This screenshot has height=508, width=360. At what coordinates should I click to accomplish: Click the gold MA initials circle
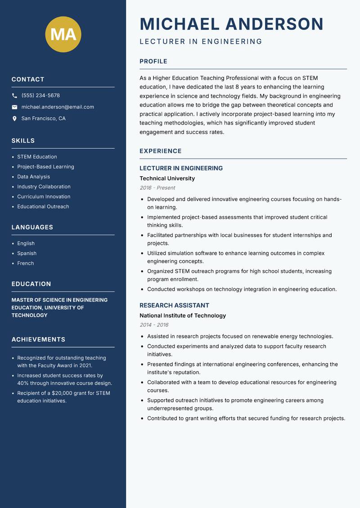click(63, 34)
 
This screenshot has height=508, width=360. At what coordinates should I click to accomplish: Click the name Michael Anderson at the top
click(231, 24)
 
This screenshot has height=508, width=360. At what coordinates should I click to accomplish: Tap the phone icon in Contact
click(14, 96)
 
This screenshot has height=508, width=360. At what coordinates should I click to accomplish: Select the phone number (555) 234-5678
click(40, 96)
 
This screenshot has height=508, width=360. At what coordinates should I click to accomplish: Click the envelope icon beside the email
click(14, 107)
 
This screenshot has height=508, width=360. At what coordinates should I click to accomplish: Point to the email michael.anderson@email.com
click(58, 107)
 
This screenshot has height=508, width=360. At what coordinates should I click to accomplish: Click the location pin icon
click(14, 119)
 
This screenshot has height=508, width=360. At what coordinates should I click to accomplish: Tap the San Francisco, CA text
click(43, 119)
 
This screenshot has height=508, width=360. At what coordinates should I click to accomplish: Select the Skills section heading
click(23, 141)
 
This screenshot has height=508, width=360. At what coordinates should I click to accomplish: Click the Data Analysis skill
click(33, 177)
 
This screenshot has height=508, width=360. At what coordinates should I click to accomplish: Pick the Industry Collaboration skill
click(44, 187)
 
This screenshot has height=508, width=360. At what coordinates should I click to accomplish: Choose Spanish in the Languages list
click(27, 254)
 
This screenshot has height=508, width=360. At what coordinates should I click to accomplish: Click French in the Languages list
click(25, 263)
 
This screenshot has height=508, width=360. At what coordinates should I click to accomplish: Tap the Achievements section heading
click(38, 339)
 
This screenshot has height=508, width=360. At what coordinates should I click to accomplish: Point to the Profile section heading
click(153, 62)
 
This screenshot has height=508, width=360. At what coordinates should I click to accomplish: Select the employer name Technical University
click(167, 178)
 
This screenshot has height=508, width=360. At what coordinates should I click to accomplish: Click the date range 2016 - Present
click(157, 188)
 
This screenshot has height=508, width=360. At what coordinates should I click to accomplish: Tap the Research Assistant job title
click(174, 305)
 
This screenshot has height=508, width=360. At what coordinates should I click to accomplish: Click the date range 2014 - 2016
click(154, 325)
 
